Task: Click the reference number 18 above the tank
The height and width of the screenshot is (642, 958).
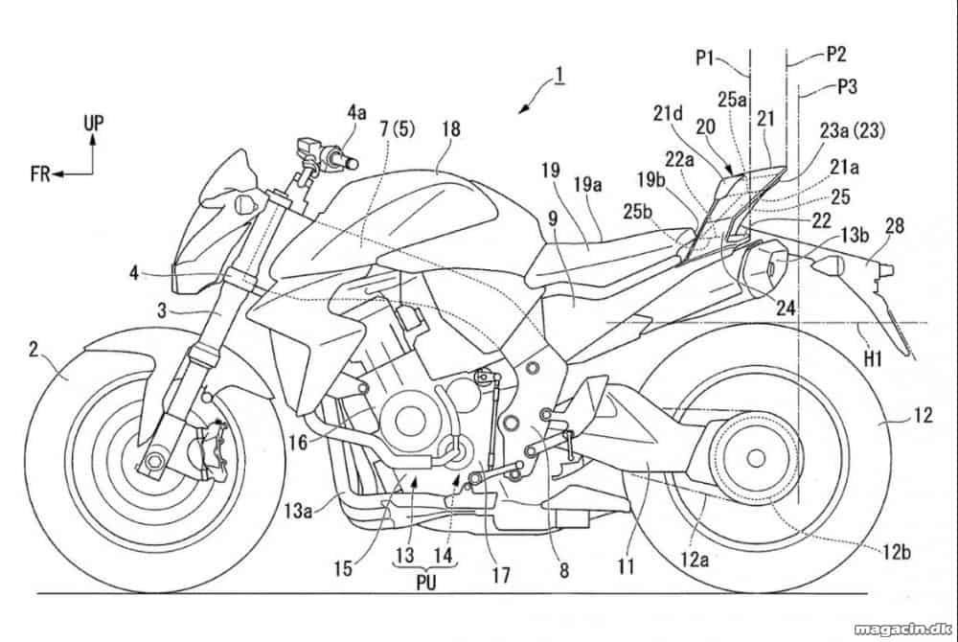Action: pos(452,129)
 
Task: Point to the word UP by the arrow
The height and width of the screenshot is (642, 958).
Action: pos(94,124)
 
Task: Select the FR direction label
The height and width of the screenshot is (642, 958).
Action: pos(40,174)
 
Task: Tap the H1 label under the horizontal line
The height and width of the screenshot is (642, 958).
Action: pos(873,359)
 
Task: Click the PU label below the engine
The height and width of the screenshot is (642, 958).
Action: pos(426,583)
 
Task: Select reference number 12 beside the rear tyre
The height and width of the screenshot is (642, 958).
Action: pos(924,415)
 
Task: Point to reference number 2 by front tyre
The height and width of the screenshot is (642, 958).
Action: pos(34,350)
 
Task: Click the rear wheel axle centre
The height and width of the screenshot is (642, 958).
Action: pos(756,458)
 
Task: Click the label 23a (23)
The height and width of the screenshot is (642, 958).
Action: pos(853,130)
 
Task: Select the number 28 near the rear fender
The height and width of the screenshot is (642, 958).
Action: pos(895,227)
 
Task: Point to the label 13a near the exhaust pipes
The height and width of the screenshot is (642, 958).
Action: pos(298,509)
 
